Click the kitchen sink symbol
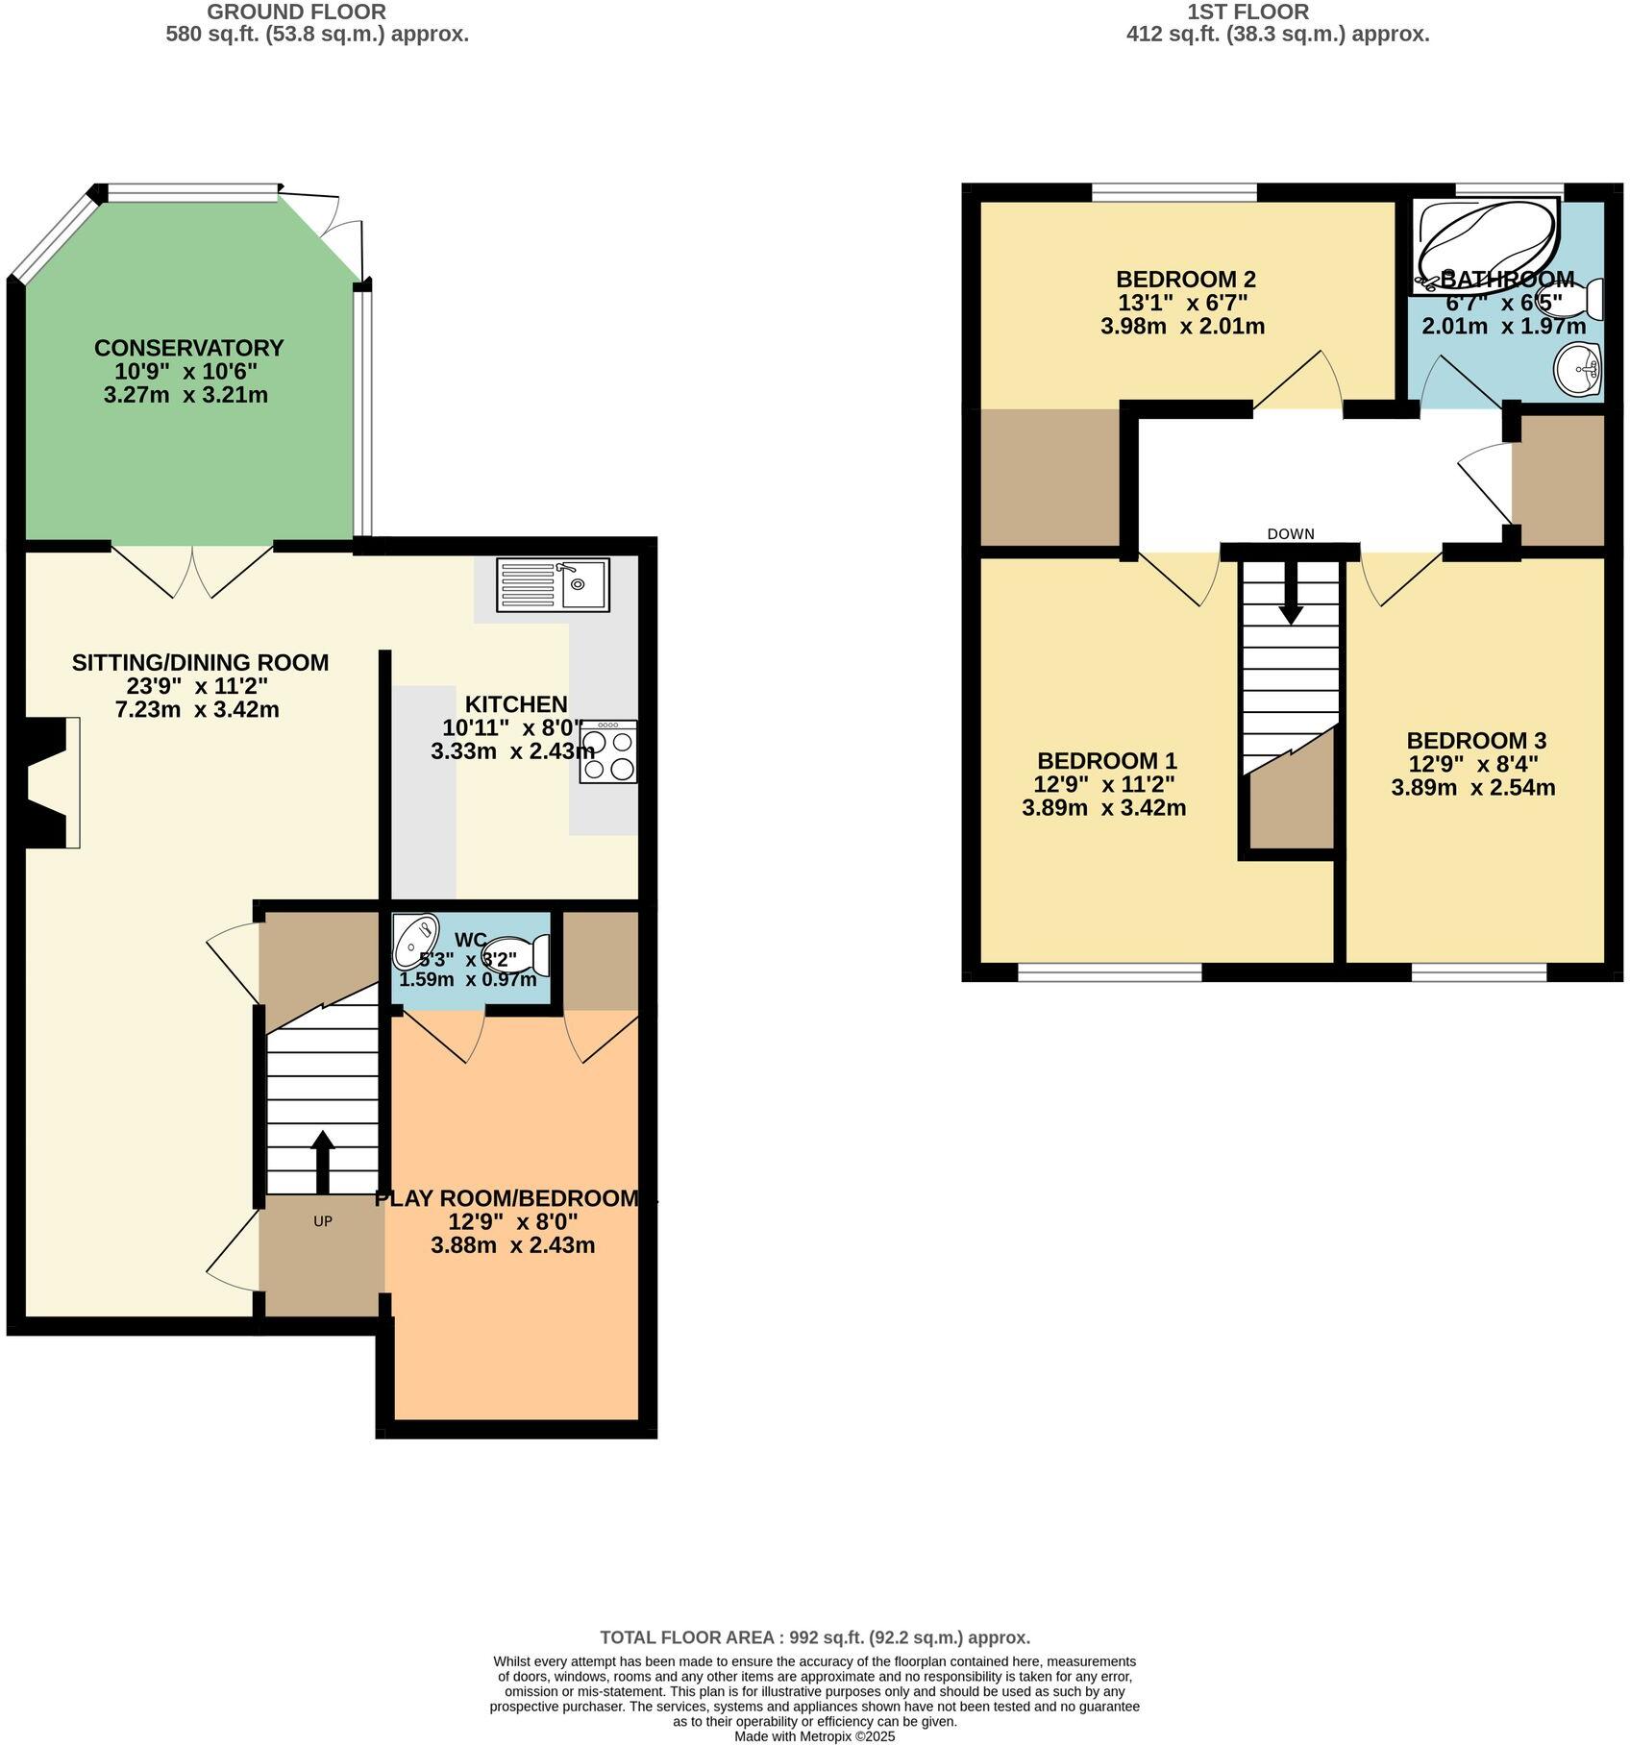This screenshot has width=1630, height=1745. pyautogui.click(x=553, y=584)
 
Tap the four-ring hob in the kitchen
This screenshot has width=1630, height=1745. pyautogui.click(x=608, y=751)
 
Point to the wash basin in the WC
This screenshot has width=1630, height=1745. pyautogui.click(x=416, y=939)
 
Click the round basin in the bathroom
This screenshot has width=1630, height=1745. pyautogui.click(x=1577, y=369)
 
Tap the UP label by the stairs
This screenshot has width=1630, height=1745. pyautogui.click(x=323, y=1221)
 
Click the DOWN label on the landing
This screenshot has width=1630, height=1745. pyautogui.click(x=1290, y=534)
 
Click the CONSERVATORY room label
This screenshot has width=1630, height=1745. pyautogui.click(x=189, y=348)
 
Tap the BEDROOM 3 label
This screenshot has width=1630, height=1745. pyautogui.click(x=1475, y=741)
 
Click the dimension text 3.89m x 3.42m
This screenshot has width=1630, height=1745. pyautogui.click(x=1103, y=808)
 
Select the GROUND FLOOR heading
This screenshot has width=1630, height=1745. pyautogui.click(x=297, y=12)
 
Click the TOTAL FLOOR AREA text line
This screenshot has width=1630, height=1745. pyautogui.click(x=814, y=1637)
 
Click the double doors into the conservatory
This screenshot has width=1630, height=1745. pyautogui.click(x=193, y=570)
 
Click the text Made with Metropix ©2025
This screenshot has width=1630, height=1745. pyautogui.click(x=814, y=1736)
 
